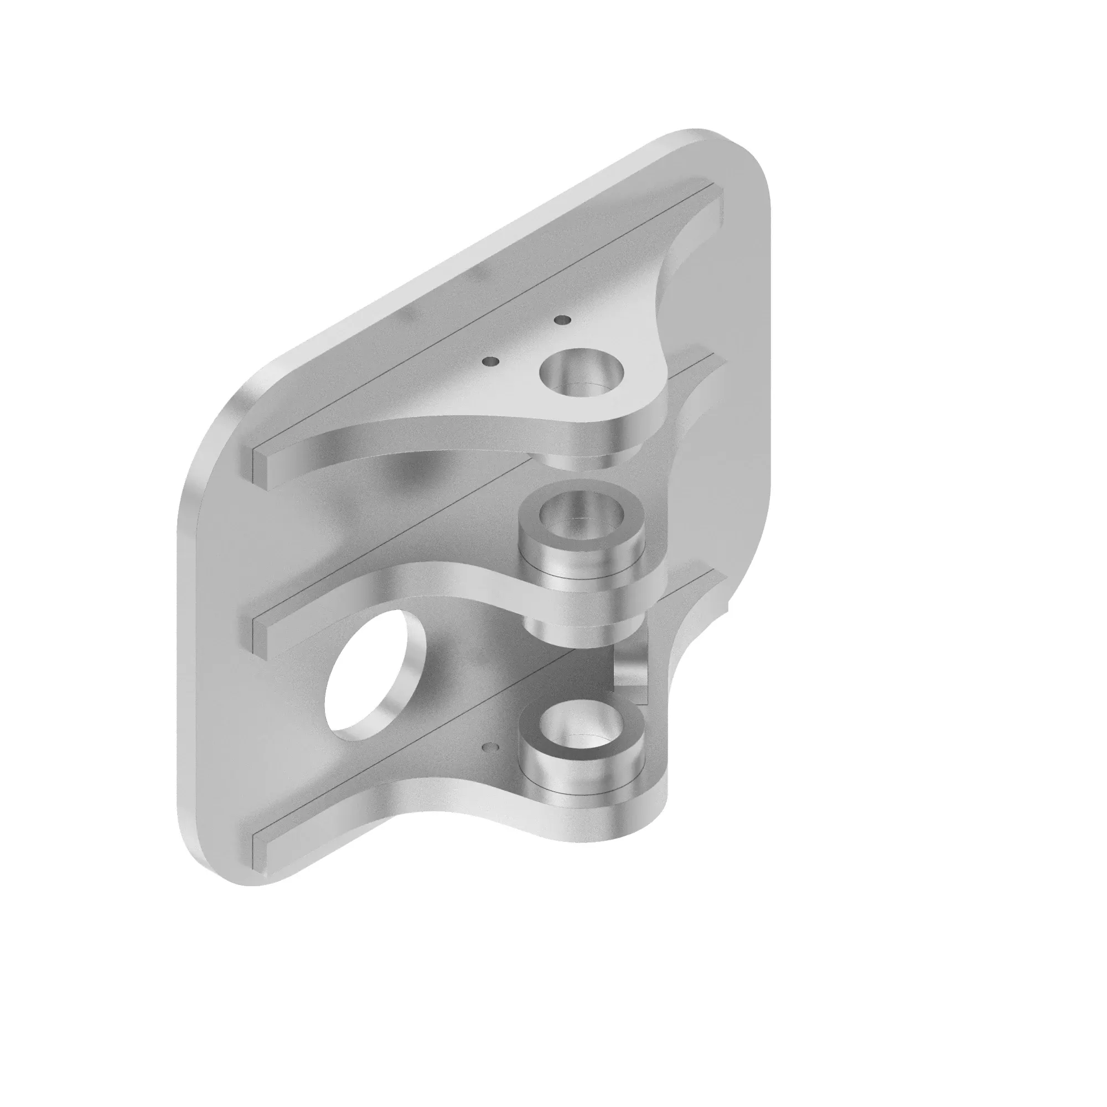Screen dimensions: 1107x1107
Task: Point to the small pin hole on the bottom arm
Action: pos(490,747)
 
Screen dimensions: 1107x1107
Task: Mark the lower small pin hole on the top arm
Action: pos(490,361)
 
